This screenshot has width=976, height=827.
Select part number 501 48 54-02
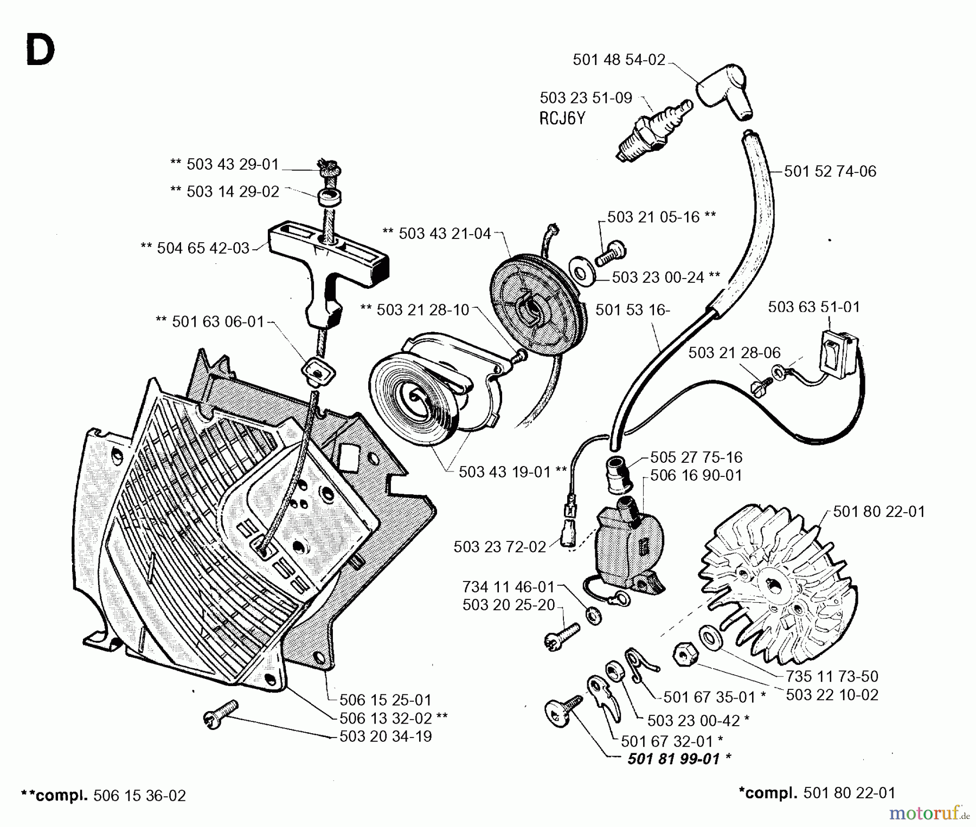(619, 60)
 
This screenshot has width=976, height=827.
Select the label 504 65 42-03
(195, 248)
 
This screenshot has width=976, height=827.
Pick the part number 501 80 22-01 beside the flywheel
(878, 512)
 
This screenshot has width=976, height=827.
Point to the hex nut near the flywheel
(685, 656)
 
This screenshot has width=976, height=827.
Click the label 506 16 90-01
(696, 475)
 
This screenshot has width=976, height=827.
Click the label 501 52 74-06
(830, 171)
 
